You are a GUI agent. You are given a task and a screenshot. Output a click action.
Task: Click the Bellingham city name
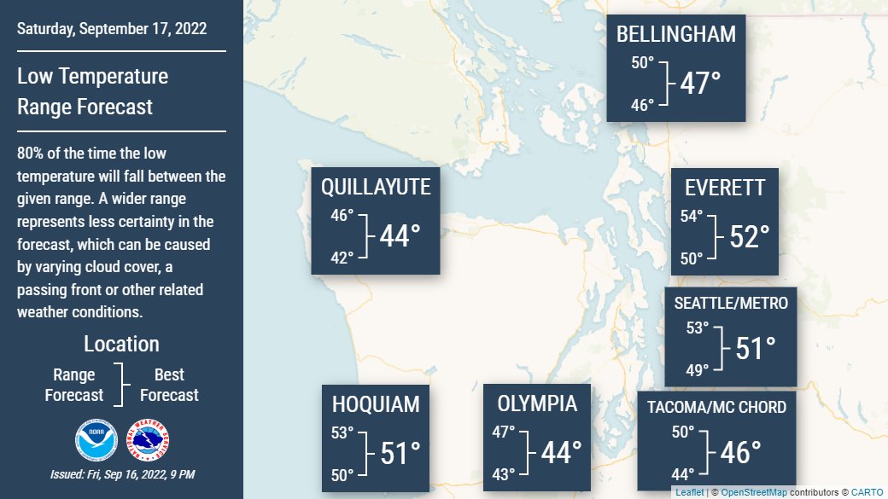pyautogui.click(x=675, y=34)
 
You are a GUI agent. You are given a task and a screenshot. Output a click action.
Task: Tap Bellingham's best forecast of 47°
pyautogui.click(x=700, y=83)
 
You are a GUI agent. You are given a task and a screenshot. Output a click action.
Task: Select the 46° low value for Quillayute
pyautogui.click(x=342, y=216)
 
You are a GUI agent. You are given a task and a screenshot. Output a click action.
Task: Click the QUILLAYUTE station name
pyautogui.click(x=376, y=187)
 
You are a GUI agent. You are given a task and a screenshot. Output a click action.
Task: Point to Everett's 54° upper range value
pyautogui.click(x=691, y=217)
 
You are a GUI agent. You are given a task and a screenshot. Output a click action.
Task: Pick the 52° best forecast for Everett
pyautogui.click(x=750, y=236)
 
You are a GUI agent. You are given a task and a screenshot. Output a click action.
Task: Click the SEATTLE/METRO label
pyautogui.click(x=731, y=303)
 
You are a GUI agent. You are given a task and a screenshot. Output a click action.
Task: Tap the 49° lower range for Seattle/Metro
pyautogui.click(x=698, y=369)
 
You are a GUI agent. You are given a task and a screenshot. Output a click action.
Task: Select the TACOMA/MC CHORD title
pyautogui.click(x=716, y=407)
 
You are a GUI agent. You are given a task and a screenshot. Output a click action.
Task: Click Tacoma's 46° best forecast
pyautogui.click(x=740, y=452)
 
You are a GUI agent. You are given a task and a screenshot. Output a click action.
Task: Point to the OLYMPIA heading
pyautogui.click(x=537, y=403)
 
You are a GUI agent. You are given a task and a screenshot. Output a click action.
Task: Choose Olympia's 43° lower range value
pyautogui.click(x=503, y=473)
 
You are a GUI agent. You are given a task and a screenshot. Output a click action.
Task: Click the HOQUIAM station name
pyautogui.click(x=376, y=403)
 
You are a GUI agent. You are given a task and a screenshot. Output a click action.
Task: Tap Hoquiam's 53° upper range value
pyautogui.click(x=342, y=432)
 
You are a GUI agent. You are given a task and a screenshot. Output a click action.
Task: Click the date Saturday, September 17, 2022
pyautogui.click(x=112, y=29)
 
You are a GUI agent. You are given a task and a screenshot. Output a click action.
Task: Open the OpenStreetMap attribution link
pyautogui.click(x=754, y=493)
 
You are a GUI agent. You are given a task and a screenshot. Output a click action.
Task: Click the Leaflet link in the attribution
pyautogui.click(x=690, y=493)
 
